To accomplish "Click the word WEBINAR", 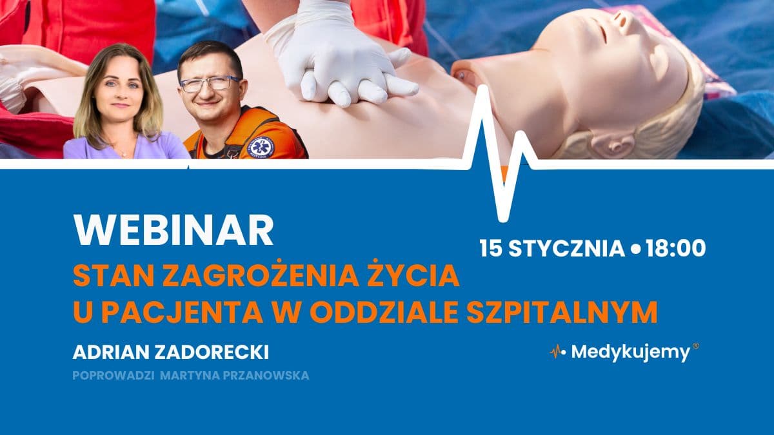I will coord(174,229).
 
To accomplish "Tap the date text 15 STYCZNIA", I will coord(551,248).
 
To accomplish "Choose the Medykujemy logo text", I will coord(630,353).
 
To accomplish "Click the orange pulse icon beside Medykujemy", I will coord(555,352).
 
